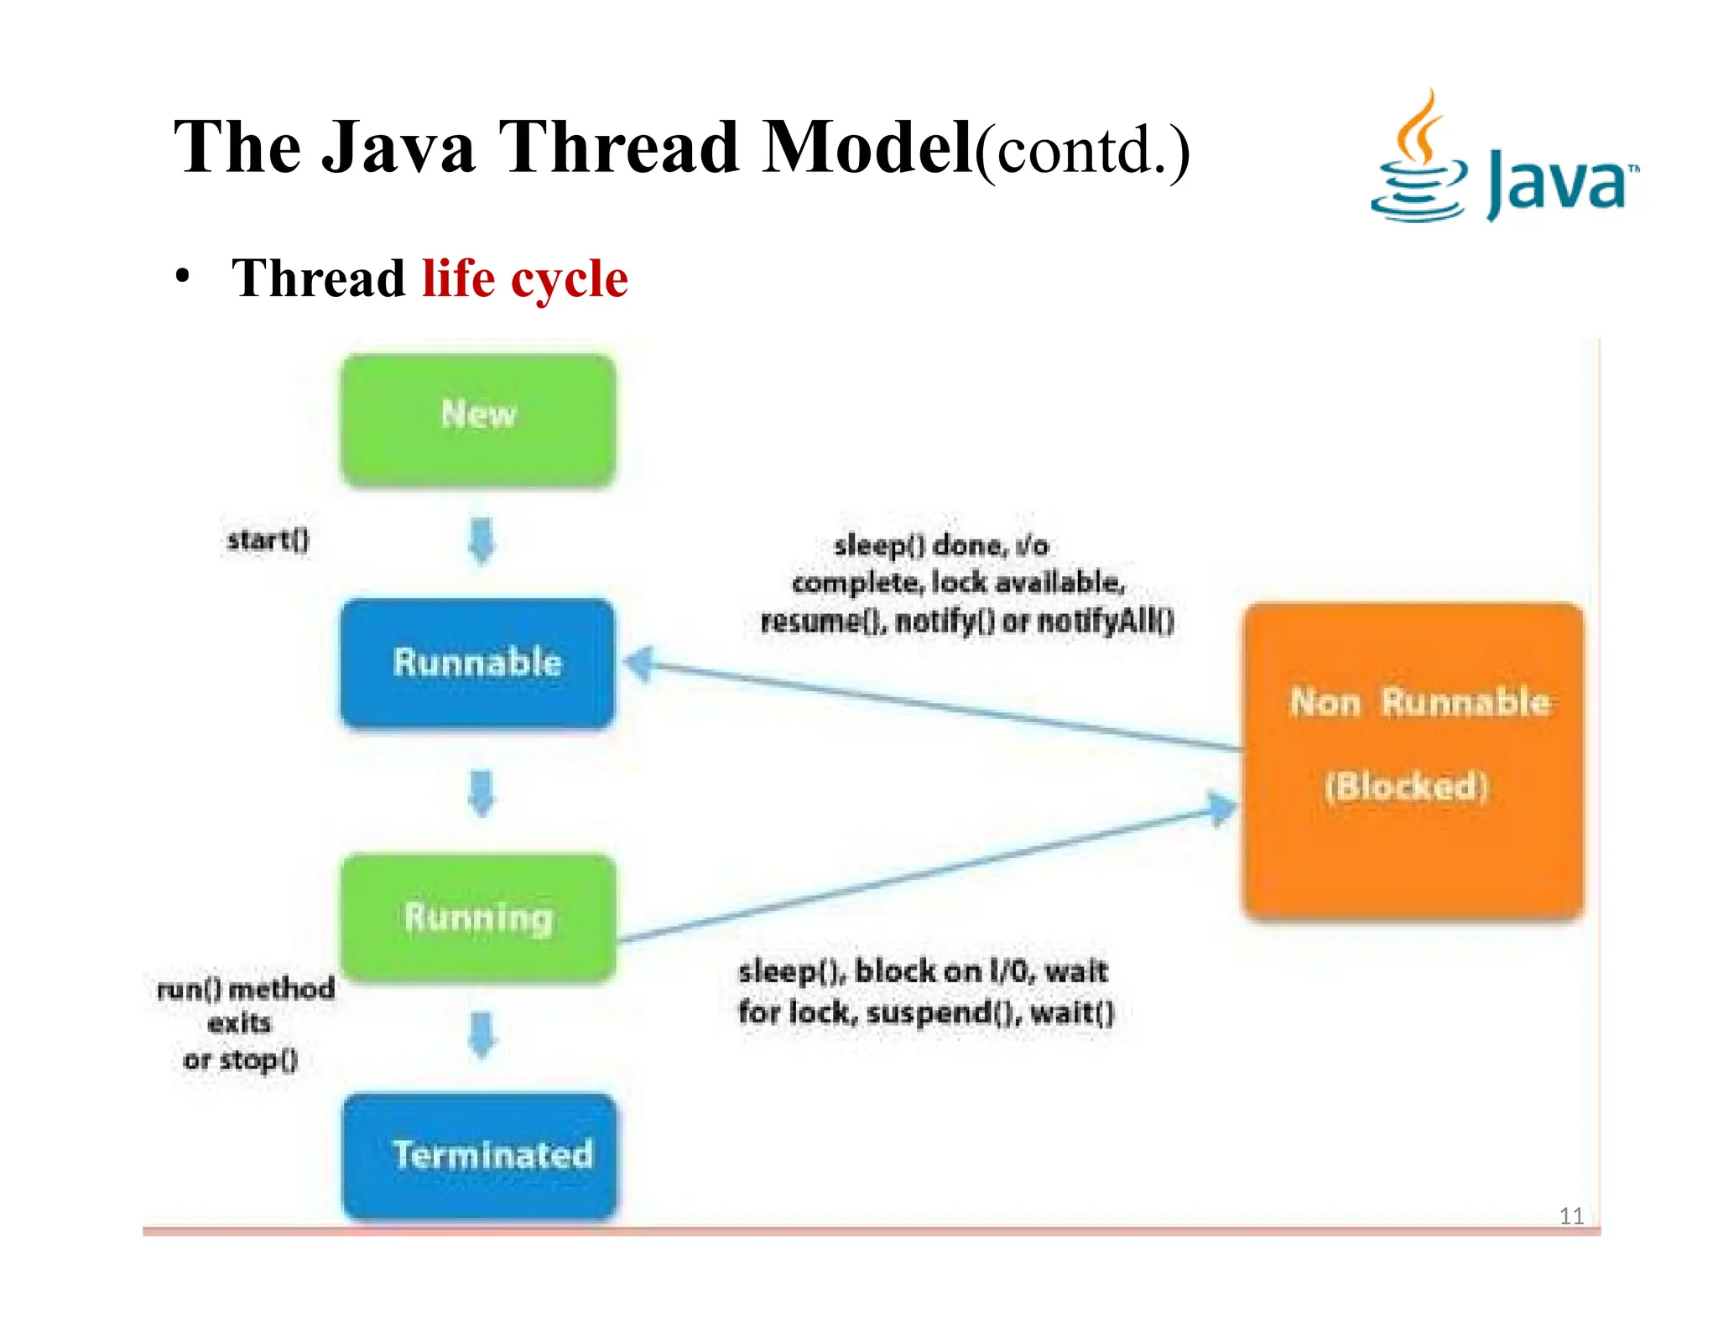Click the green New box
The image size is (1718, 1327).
click(478, 420)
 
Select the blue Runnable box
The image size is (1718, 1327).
click(477, 663)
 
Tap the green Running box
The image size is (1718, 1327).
click(478, 918)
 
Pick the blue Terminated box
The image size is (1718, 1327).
click(480, 1156)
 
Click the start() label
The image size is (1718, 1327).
click(268, 539)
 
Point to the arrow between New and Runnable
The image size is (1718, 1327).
click(482, 541)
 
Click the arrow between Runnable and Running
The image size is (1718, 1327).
click(482, 793)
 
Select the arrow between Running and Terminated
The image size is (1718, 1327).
click(482, 1035)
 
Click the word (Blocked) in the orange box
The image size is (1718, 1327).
click(1406, 787)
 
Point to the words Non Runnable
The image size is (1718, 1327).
click(1419, 702)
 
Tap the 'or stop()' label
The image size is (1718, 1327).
click(241, 1059)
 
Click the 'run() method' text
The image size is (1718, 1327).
click(246, 989)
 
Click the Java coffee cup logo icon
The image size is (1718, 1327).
click(1419, 159)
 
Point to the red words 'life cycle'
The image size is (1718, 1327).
click(525, 278)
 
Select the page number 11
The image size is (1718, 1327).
click(1570, 1215)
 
